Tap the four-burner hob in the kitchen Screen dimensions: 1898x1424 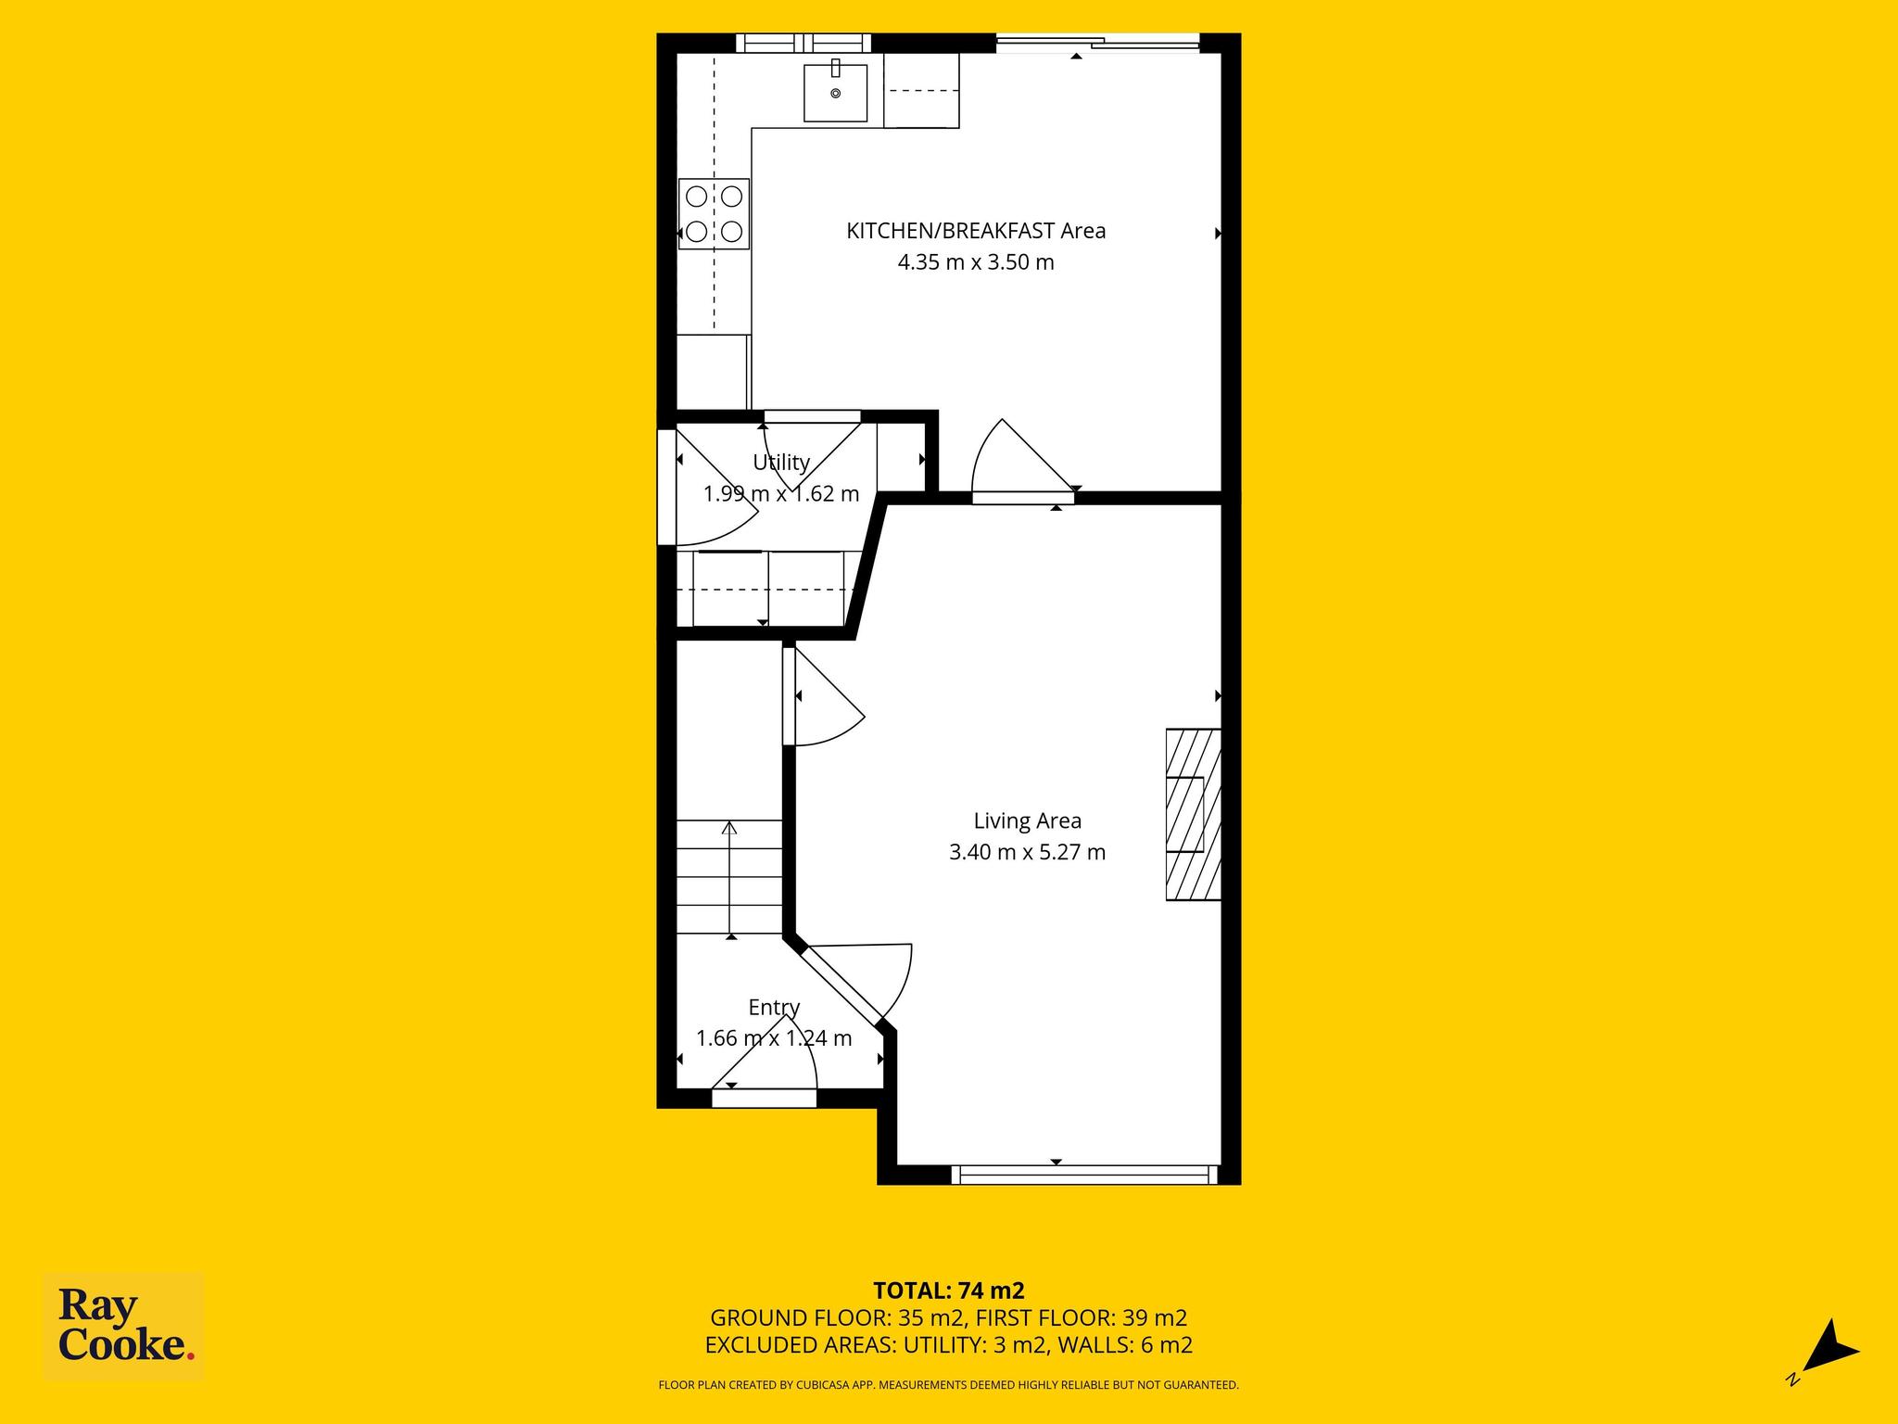[714, 213]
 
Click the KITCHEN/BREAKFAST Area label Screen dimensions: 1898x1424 [976, 231]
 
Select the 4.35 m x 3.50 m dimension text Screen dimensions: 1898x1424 [976, 262]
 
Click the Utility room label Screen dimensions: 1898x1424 [781, 462]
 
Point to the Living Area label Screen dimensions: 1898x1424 [1027, 820]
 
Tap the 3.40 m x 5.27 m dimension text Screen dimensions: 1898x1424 [1027, 852]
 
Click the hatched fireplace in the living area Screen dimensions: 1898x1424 [1193, 814]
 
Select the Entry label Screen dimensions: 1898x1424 [774, 1008]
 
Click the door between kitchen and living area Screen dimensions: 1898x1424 [1023, 461]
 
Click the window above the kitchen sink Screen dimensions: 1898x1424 [803, 43]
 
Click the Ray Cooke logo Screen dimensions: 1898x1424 [124, 1326]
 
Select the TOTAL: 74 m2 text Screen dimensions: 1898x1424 [948, 1290]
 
